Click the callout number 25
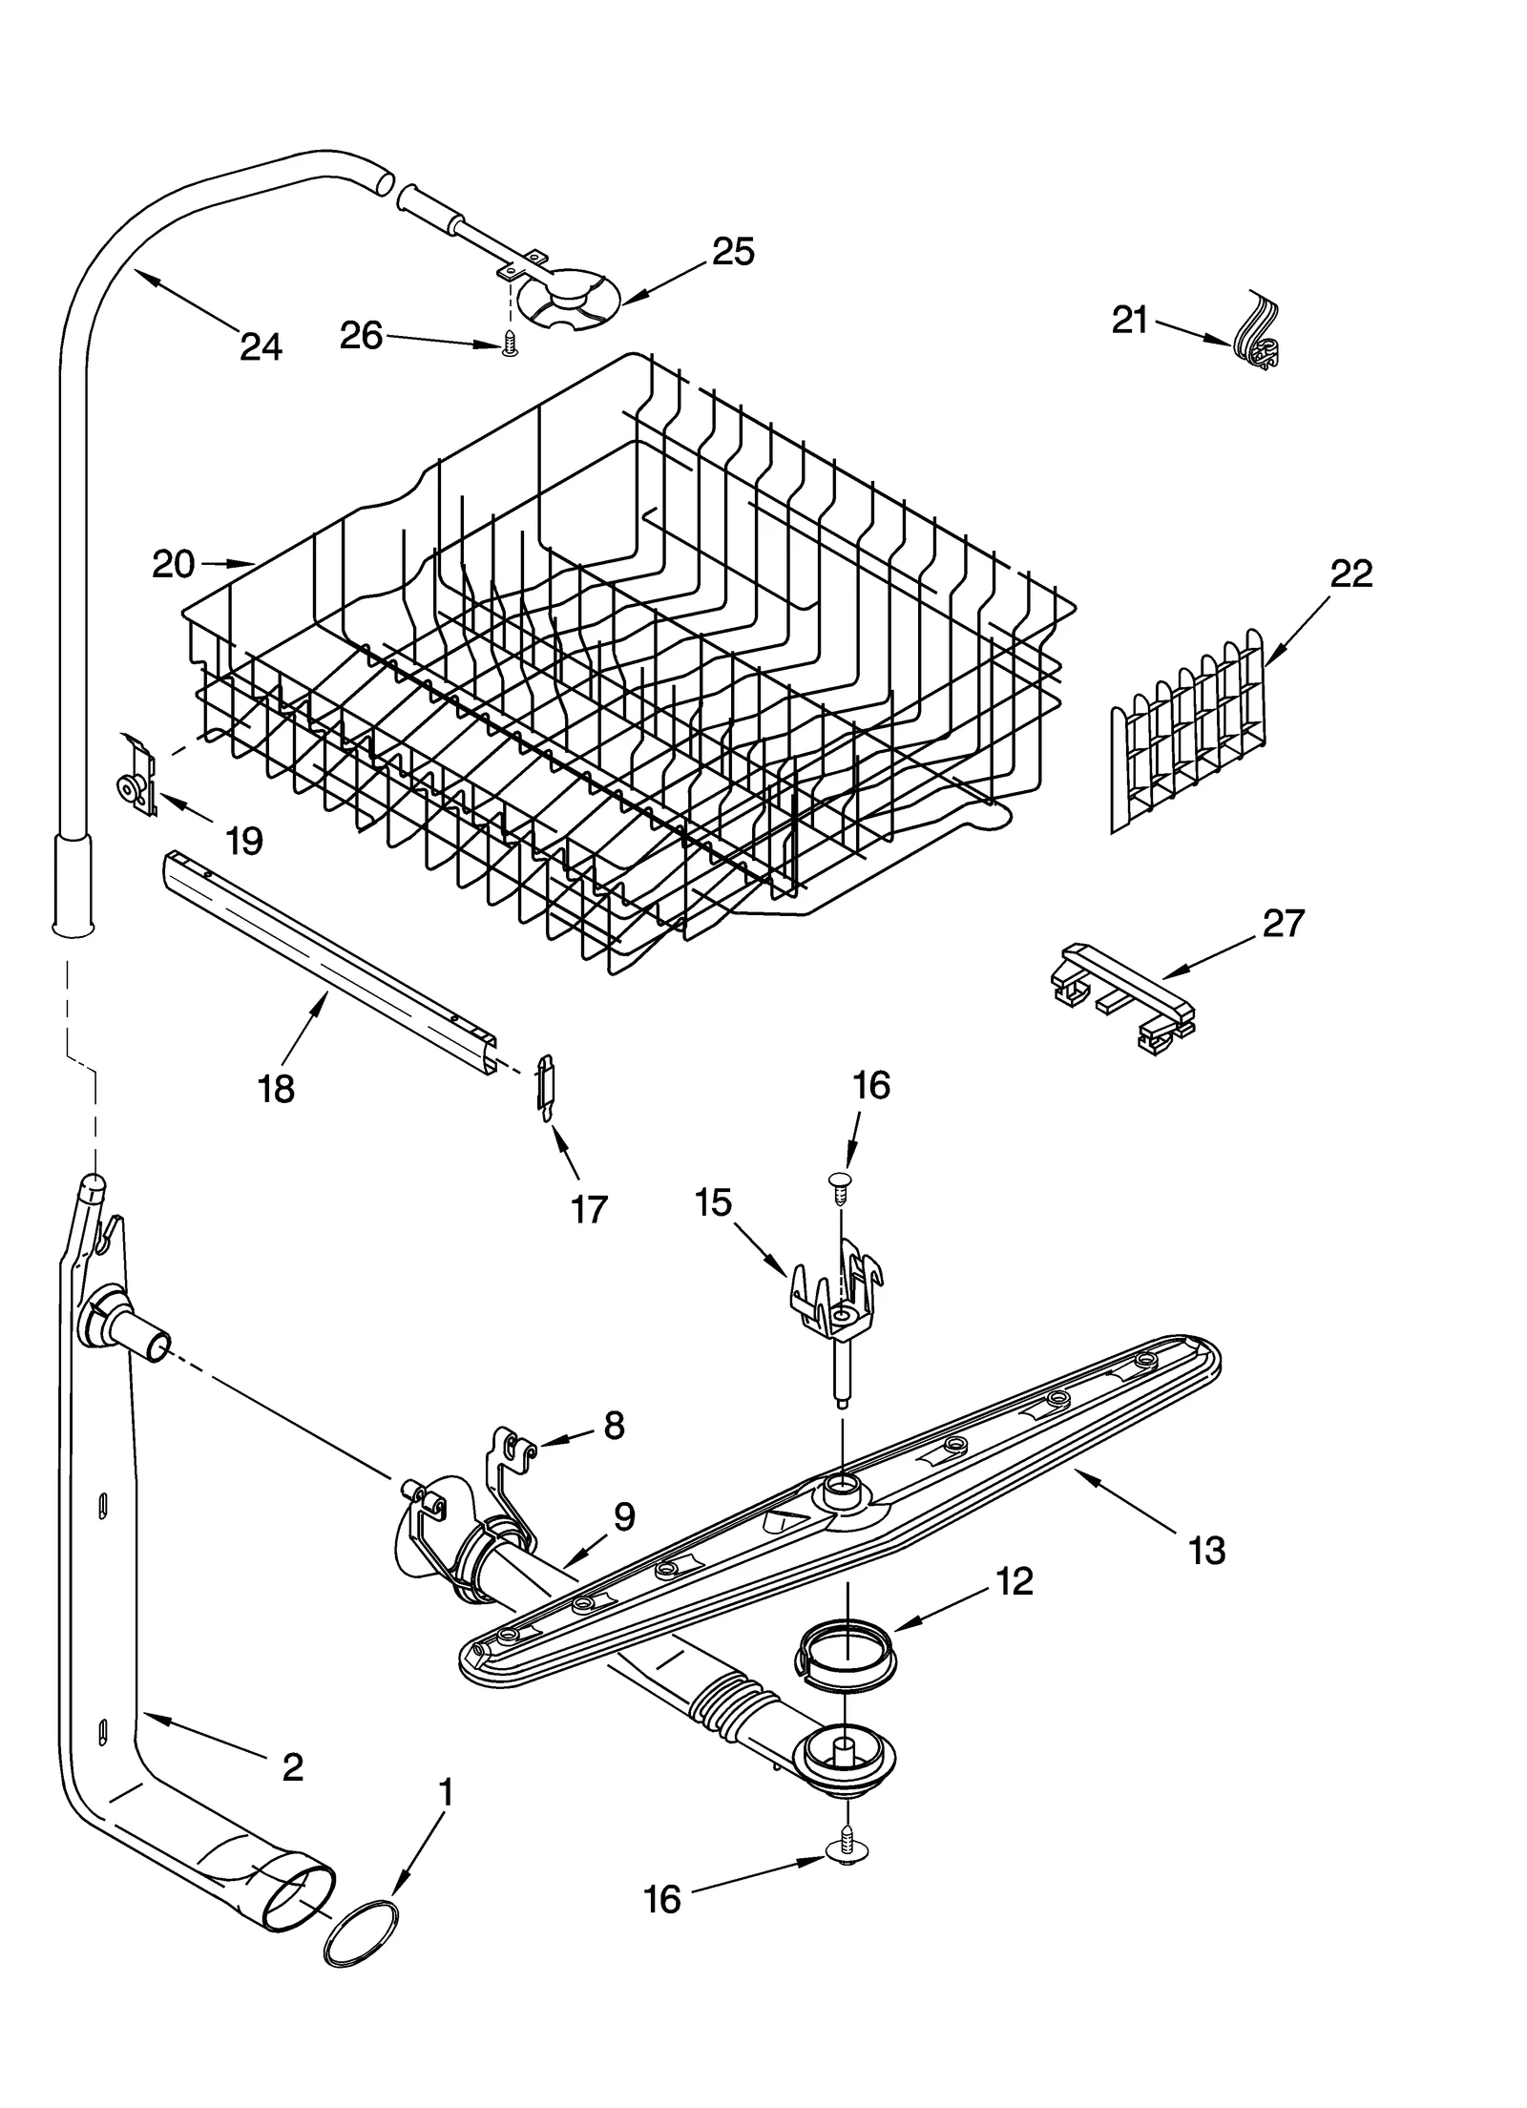[733, 251]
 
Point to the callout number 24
[261, 346]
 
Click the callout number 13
[1207, 1551]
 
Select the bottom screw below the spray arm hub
[847, 1850]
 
